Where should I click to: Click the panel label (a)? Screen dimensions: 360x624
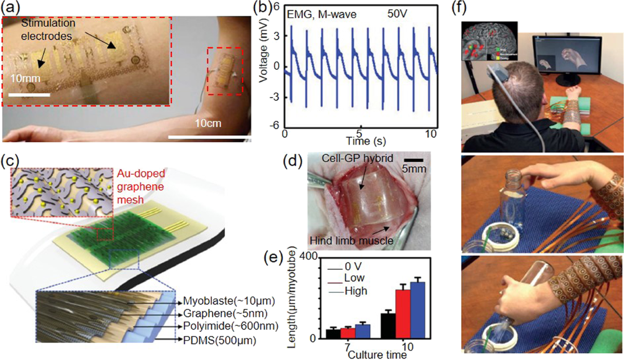(11, 7)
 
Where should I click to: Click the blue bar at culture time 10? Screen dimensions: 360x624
(418, 311)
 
